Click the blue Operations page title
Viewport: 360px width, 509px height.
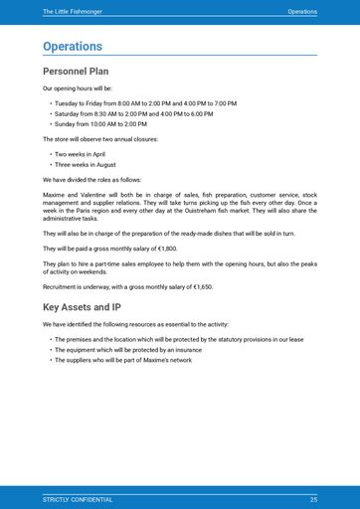pyautogui.click(x=73, y=47)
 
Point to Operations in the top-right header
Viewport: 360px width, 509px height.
pyautogui.click(x=302, y=11)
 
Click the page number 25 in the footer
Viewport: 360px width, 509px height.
pyautogui.click(x=313, y=499)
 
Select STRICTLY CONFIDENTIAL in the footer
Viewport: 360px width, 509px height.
pyautogui.click(x=78, y=499)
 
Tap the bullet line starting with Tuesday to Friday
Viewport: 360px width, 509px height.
pyautogui.click(x=145, y=103)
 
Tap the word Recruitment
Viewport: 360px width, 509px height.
pyautogui.click(x=62, y=286)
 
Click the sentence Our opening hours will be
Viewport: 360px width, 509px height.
pyautogui.click(x=77, y=88)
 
